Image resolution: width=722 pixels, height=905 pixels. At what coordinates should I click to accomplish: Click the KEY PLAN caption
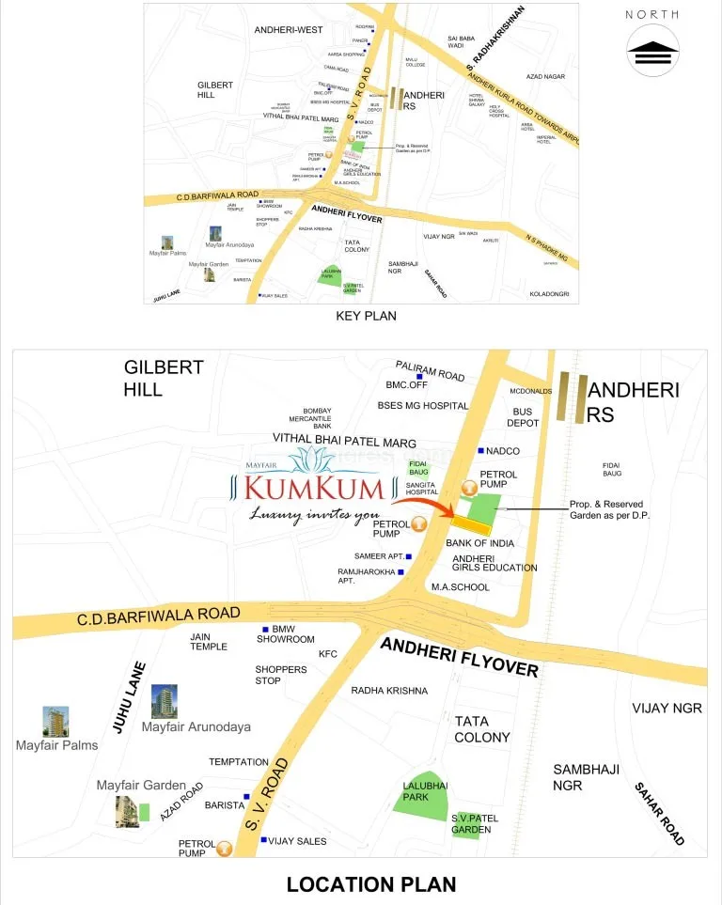[x=366, y=316]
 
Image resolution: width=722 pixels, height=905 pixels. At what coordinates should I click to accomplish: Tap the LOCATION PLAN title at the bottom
[x=371, y=883]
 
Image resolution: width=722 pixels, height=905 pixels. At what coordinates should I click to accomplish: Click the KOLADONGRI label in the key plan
[x=550, y=294]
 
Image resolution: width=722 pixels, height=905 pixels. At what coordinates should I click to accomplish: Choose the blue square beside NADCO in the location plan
[x=480, y=451]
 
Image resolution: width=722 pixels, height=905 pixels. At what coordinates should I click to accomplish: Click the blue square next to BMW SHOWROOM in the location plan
[x=265, y=629]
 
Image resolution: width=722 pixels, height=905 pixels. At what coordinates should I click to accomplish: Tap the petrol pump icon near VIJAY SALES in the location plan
[x=224, y=850]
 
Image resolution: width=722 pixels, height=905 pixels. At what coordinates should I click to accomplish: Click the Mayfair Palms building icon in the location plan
[x=55, y=722]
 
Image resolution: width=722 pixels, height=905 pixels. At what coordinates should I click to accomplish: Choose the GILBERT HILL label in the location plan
[x=164, y=378]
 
